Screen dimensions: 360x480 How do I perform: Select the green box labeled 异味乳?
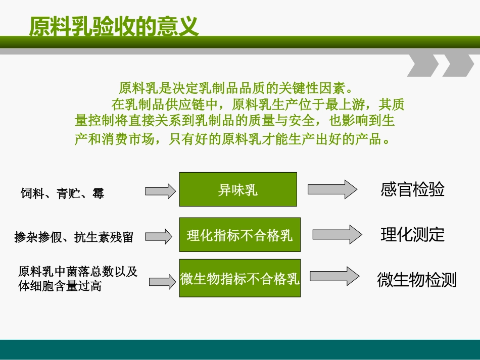tap(238, 189)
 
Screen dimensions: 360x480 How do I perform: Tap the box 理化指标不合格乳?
tap(239, 235)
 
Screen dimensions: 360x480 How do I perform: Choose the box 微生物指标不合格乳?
tap(239, 278)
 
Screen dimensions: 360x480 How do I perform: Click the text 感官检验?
tap(412, 190)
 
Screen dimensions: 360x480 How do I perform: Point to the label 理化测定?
tap(412, 234)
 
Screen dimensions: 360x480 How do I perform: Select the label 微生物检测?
tap(416, 279)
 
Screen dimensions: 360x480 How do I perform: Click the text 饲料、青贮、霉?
tap(62, 193)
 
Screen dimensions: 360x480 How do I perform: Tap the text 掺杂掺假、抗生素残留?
tap(74, 237)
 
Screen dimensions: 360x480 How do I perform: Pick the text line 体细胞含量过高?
tap(60, 286)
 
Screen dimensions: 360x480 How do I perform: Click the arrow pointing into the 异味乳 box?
tap(160, 191)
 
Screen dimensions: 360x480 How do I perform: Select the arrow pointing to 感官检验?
tap(332, 189)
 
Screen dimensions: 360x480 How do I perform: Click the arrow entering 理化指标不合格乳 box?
tap(162, 235)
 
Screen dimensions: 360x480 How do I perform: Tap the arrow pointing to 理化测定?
tap(337, 234)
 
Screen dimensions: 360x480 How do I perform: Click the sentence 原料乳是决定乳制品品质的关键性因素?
tap(235, 88)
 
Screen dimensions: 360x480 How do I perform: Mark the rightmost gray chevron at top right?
tap(457, 65)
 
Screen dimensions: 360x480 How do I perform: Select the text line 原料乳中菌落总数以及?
tap(78, 271)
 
